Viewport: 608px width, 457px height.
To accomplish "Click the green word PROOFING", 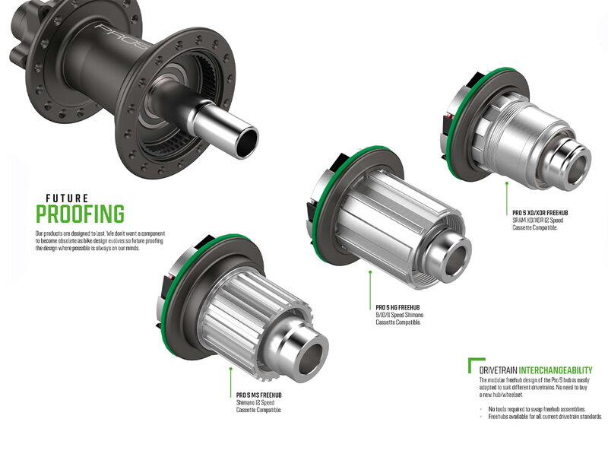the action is pyautogui.click(x=81, y=214).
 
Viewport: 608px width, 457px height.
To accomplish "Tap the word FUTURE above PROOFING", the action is pyautogui.click(x=67, y=198).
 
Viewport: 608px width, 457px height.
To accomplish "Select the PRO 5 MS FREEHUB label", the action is pyautogui.click(x=259, y=395).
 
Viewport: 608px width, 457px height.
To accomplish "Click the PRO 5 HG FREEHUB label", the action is pyautogui.click(x=397, y=308).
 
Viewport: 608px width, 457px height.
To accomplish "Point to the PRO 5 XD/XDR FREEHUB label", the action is pyautogui.click(x=540, y=213).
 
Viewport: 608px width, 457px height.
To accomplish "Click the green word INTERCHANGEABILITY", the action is pyautogui.click(x=556, y=370).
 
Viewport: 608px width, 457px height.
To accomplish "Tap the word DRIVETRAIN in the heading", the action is pyautogui.click(x=499, y=370).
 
